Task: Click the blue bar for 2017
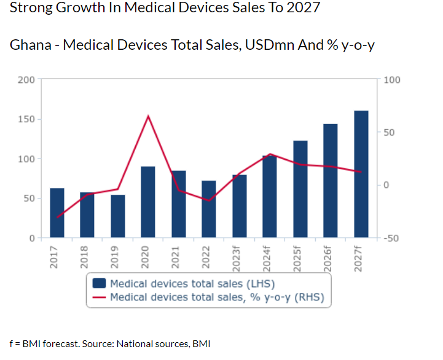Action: click(57, 213)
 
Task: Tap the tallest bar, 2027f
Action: click(361, 174)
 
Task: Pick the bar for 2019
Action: click(118, 216)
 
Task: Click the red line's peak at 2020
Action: click(148, 115)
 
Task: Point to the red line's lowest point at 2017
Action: click(57, 217)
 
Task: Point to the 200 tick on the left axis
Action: click(26, 79)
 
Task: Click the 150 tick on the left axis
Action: click(26, 119)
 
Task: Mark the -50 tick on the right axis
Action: click(391, 238)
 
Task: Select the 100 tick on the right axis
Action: click(391, 80)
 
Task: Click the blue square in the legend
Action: click(99, 283)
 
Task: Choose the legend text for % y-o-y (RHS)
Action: click(216, 298)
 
